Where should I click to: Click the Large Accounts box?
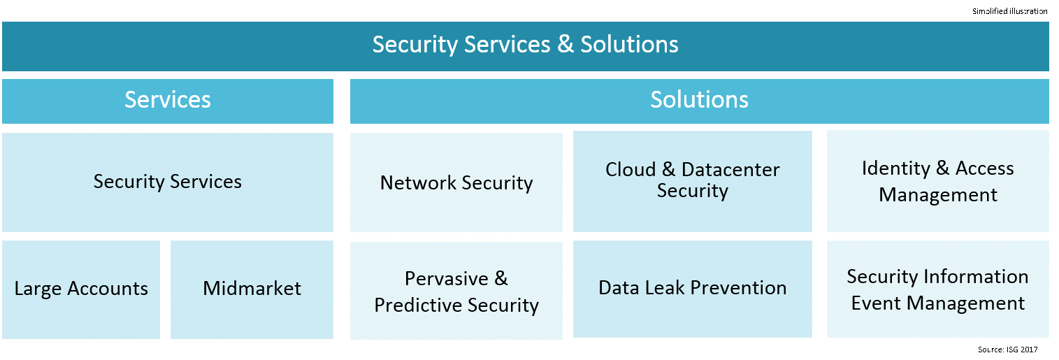point(81,289)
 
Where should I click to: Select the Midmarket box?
point(252,289)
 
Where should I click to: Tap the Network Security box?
point(456,183)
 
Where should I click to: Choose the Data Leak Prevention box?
point(692,288)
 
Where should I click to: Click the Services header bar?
point(168,100)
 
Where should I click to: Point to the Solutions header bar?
point(699,100)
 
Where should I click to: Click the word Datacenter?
point(730,170)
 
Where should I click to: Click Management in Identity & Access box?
point(937,195)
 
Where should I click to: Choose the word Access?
point(984,168)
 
